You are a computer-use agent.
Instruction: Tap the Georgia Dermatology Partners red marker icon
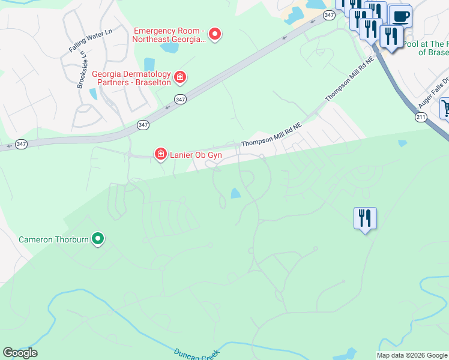point(179,77)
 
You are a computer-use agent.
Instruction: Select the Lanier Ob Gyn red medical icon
point(160,155)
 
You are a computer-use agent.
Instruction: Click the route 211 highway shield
point(420,116)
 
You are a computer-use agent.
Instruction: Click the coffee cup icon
point(400,16)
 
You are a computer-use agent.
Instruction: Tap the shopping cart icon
point(445,109)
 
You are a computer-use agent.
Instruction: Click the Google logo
point(20,353)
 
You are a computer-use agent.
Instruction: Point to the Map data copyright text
point(412,355)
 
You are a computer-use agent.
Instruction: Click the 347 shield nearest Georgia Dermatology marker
point(180,98)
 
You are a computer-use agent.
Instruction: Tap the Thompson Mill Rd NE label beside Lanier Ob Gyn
point(271,135)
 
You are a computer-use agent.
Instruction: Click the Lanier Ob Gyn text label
point(196,155)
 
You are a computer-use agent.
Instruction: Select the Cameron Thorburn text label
point(53,239)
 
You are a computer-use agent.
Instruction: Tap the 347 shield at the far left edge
point(21,144)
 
